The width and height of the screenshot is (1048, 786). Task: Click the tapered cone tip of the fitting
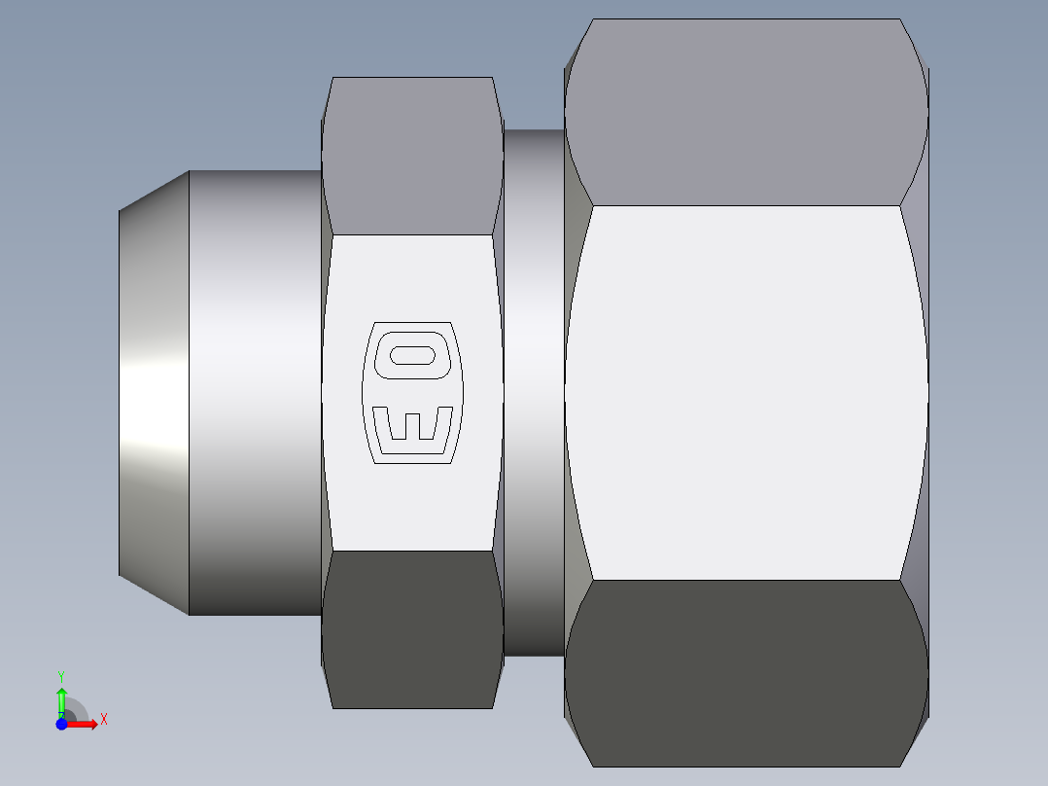(154, 393)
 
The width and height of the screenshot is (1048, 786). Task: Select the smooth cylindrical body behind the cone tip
(255, 393)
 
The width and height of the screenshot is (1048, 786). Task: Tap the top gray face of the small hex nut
(412, 156)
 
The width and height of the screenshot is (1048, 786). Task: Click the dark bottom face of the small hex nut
(412, 629)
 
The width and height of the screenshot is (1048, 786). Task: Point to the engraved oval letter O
(412, 354)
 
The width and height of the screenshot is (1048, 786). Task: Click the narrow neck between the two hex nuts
(534, 393)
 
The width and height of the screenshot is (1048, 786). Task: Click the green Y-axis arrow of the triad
(61, 699)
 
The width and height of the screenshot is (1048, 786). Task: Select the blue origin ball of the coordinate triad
(61, 724)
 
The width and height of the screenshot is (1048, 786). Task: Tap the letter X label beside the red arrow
(104, 720)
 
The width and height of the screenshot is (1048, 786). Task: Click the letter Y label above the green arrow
(61, 675)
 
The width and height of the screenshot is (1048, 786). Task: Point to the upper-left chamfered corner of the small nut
(327, 97)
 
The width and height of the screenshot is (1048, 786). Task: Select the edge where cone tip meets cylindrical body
(189, 393)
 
